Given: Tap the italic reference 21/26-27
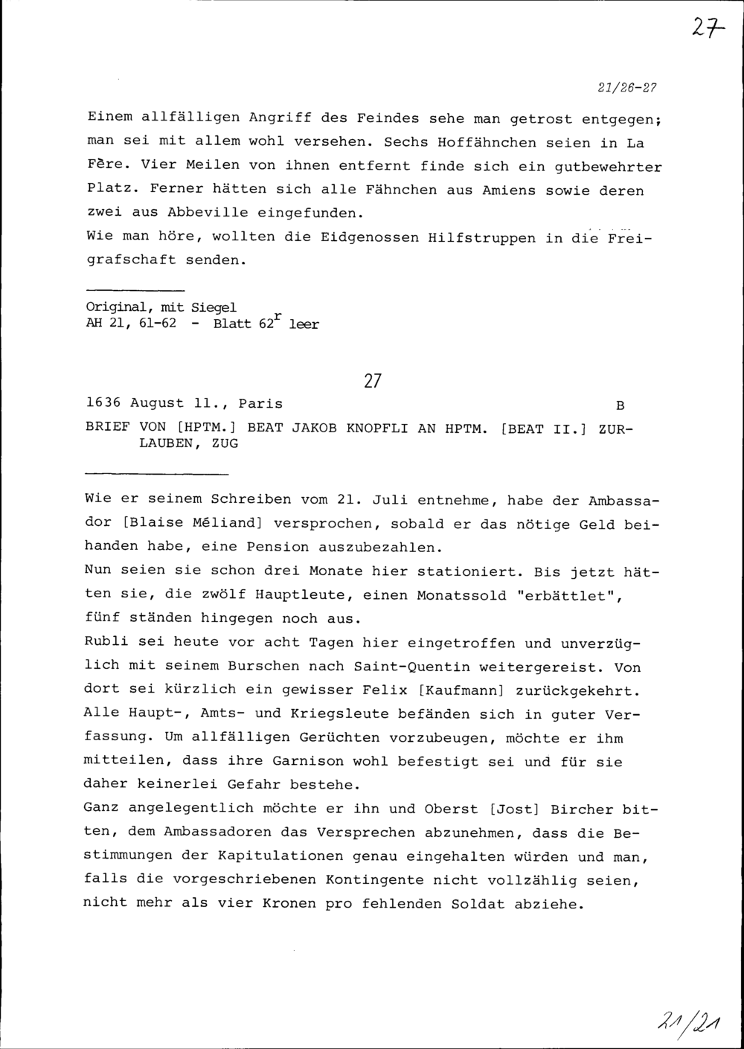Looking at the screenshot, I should click(x=627, y=87).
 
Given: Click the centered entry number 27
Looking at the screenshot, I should click(x=373, y=382).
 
